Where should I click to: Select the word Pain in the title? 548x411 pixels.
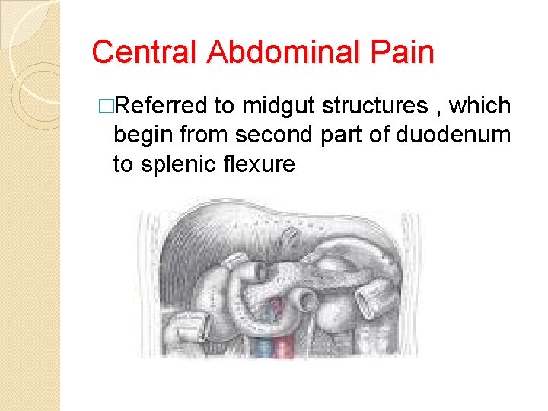click(x=403, y=53)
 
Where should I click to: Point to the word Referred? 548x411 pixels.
click(x=159, y=106)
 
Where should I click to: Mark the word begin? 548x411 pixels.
click(x=142, y=135)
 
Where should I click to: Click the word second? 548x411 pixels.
click(x=277, y=135)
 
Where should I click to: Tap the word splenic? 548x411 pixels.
click(x=180, y=164)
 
